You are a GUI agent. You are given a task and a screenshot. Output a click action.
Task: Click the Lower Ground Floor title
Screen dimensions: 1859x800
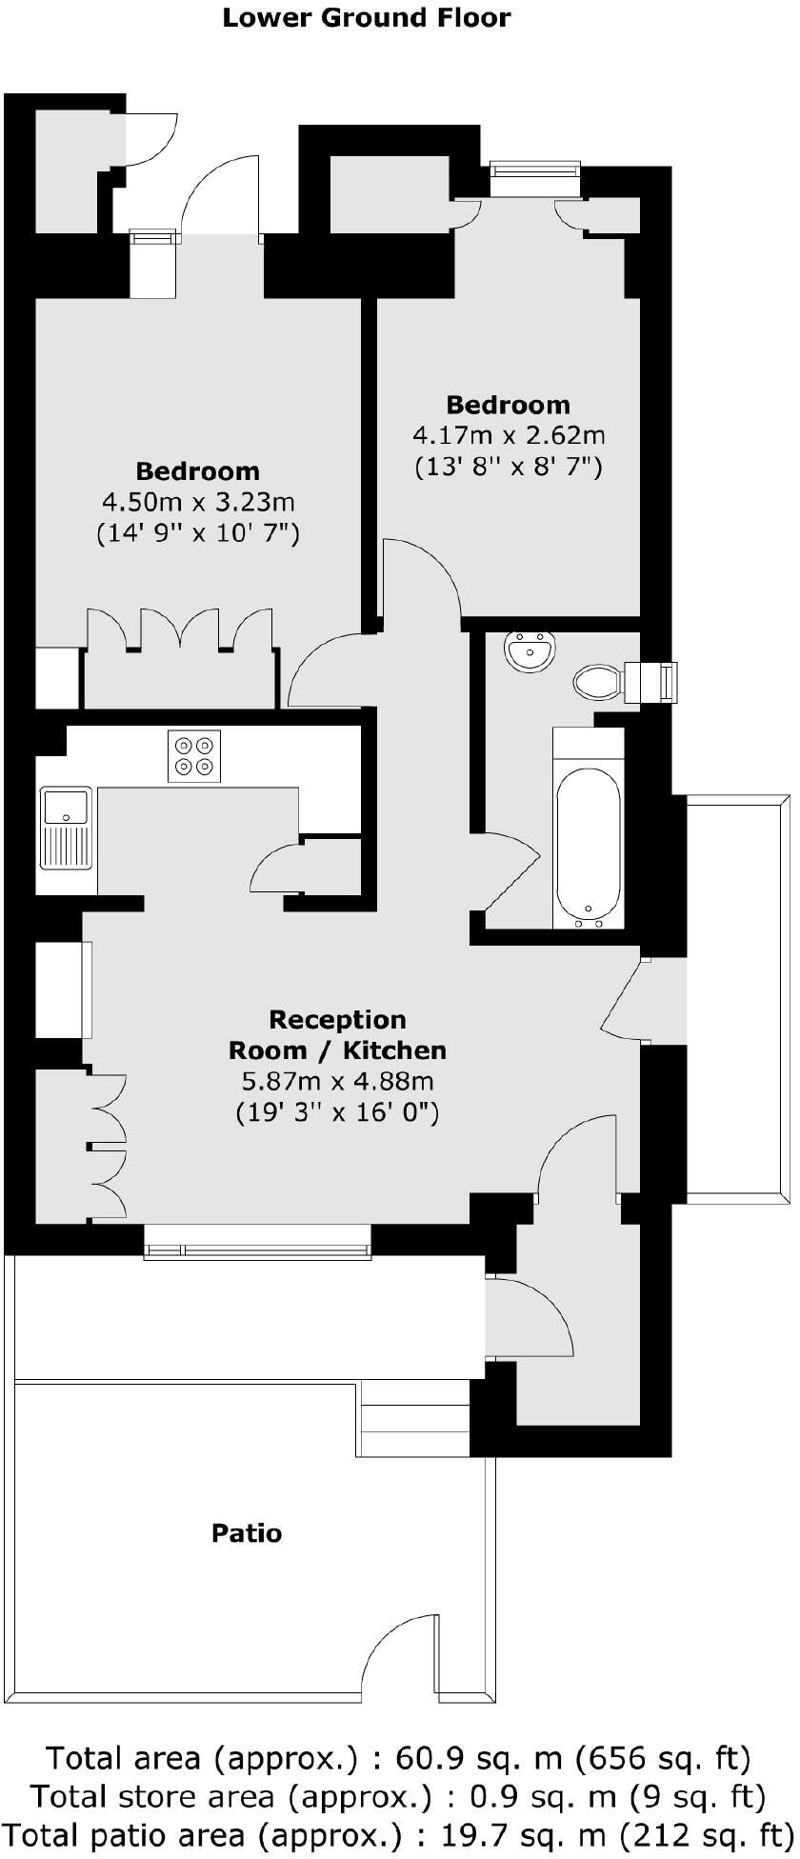point(366,18)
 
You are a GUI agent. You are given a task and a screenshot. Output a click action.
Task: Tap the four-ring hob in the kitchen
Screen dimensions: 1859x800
point(193,755)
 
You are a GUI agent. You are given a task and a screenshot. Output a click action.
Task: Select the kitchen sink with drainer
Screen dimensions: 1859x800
point(66,827)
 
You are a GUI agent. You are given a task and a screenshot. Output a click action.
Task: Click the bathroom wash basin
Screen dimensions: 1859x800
point(530,652)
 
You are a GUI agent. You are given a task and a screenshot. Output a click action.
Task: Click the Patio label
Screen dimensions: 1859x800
point(246,1533)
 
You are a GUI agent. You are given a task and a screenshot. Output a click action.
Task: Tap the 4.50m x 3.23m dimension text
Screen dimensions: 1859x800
point(198,502)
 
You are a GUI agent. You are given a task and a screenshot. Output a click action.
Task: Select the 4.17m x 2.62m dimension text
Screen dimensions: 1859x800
point(508,436)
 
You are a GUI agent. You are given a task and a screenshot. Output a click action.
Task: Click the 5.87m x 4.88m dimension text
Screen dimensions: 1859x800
point(337,1081)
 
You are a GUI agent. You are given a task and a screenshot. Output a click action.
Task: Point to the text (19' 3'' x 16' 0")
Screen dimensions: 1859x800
point(337,1111)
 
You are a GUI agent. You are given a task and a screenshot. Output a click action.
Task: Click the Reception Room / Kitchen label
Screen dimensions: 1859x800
point(337,1035)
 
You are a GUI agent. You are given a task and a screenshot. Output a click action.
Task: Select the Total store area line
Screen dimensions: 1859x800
point(398,1796)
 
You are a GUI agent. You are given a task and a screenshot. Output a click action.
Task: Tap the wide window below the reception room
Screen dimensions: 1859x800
point(257,1241)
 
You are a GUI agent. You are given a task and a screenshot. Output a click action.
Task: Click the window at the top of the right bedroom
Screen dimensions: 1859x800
point(534,170)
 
